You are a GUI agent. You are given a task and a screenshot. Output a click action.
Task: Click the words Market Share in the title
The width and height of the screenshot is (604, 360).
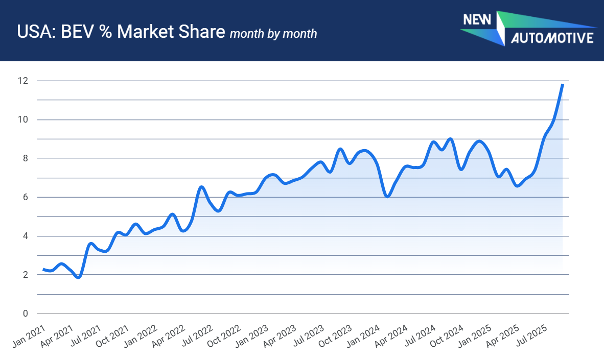[x=171, y=32]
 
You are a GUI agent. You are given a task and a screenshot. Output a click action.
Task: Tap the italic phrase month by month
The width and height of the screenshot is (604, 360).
[x=273, y=34]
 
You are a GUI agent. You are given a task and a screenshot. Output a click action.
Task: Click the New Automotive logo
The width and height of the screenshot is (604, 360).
[x=528, y=29]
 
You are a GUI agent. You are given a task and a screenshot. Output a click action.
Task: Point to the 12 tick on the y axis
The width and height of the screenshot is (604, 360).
[x=23, y=81]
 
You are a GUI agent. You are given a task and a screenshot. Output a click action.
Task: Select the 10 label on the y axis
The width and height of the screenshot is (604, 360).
[x=23, y=119]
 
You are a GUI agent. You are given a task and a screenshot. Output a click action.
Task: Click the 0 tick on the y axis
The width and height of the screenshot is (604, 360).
[x=26, y=314]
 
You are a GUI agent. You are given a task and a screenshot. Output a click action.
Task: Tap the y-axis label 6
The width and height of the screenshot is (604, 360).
[x=26, y=197]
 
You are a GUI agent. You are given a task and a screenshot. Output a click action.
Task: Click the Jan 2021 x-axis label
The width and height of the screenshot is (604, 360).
[x=29, y=336]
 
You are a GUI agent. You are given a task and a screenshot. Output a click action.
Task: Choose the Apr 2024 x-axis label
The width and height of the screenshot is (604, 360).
[x=391, y=336]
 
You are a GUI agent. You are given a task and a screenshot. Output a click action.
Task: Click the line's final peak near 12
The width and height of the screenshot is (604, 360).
[x=563, y=84]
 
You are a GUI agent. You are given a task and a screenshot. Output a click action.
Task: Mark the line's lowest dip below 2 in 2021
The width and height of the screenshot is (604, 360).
[x=79, y=277]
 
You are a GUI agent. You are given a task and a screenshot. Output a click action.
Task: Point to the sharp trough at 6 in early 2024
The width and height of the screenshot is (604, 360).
[x=387, y=197]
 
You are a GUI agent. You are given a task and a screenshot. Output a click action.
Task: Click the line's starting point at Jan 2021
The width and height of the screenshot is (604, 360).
[x=43, y=269]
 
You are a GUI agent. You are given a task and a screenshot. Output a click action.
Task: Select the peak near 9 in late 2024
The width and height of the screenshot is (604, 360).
[x=450, y=139]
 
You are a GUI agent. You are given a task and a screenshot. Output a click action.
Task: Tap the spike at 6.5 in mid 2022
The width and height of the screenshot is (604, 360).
[x=201, y=187]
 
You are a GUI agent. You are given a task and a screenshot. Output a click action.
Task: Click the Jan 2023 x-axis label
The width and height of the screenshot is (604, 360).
[x=252, y=336]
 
